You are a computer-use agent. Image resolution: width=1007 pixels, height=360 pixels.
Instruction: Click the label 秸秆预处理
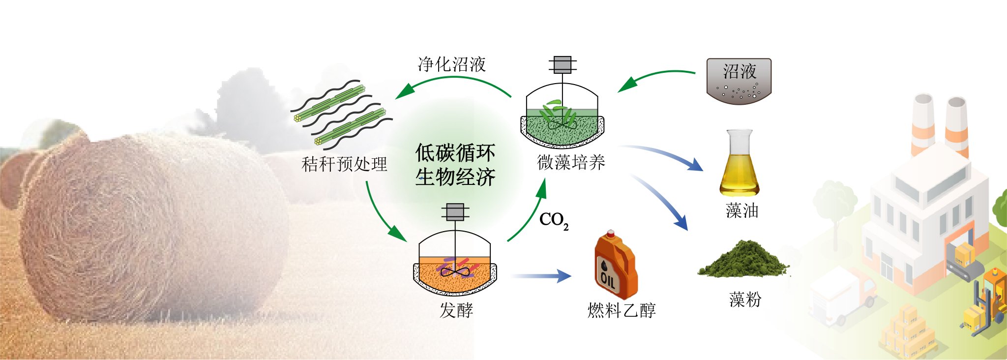coord(344,164)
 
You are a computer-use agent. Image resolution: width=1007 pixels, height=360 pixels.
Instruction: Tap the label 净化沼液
coord(451,64)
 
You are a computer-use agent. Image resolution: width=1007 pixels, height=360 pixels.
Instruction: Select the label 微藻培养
coord(570,162)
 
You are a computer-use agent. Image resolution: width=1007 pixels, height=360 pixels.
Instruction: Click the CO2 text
coord(554,220)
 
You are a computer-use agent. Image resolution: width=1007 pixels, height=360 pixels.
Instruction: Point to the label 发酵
coord(456,310)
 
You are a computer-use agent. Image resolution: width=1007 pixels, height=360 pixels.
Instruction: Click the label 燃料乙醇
coord(622,310)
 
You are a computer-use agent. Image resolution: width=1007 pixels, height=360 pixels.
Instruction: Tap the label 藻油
coord(742,210)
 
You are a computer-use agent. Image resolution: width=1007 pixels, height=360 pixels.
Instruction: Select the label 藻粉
coord(745,299)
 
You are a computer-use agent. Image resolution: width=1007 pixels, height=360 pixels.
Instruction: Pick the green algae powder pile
coord(742,260)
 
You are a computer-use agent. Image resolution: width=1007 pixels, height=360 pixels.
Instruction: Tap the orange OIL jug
coord(615,266)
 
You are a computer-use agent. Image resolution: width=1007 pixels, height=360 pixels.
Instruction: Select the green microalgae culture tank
coord(562,118)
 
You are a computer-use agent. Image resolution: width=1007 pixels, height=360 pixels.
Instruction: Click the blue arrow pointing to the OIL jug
coord(541,276)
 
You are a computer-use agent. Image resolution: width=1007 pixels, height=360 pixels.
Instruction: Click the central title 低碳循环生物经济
coord(455,165)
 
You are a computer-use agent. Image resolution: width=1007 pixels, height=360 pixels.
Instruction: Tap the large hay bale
coord(148,226)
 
